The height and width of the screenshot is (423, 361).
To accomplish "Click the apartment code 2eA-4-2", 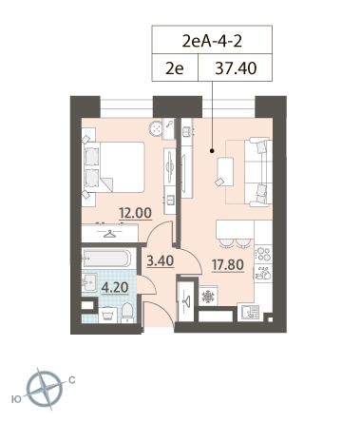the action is (x=212, y=41).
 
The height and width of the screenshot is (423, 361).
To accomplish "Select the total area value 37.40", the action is (x=236, y=68).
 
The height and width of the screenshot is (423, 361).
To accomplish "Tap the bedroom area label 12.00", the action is (x=135, y=213).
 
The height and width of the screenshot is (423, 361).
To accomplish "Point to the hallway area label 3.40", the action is (x=161, y=260).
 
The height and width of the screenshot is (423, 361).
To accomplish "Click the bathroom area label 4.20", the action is (x=115, y=287).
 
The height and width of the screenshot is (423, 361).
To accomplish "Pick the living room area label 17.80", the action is (x=228, y=264).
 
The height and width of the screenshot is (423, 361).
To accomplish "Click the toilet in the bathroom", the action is (x=127, y=313).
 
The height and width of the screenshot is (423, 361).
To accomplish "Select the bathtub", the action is (x=106, y=258).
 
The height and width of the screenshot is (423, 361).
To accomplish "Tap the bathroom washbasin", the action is (x=89, y=282).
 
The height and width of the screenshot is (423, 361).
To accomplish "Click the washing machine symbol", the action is (x=107, y=315).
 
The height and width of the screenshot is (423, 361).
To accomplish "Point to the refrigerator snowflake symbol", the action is (x=208, y=296).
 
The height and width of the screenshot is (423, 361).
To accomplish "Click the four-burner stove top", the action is (x=263, y=254).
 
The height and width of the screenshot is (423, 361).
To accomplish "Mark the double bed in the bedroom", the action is (x=113, y=167).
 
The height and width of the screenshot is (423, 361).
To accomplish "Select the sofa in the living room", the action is (x=258, y=172).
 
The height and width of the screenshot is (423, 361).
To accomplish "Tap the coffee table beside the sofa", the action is (x=225, y=171).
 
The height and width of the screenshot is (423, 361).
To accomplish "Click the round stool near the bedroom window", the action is (x=157, y=128).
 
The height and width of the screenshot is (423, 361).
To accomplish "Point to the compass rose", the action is (x=46, y=389).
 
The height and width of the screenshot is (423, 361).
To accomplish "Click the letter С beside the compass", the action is (x=72, y=379).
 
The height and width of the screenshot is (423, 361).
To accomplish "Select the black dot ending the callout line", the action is (x=212, y=151).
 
